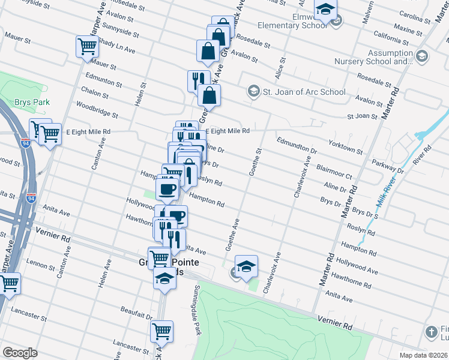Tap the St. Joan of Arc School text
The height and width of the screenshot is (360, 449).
point(305,92)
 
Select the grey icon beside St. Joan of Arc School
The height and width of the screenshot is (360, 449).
point(253,92)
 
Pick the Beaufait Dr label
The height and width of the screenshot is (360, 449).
point(136,314)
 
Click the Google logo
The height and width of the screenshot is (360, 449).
point(20,353)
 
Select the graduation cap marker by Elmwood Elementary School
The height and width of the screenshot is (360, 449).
point(326,10)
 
